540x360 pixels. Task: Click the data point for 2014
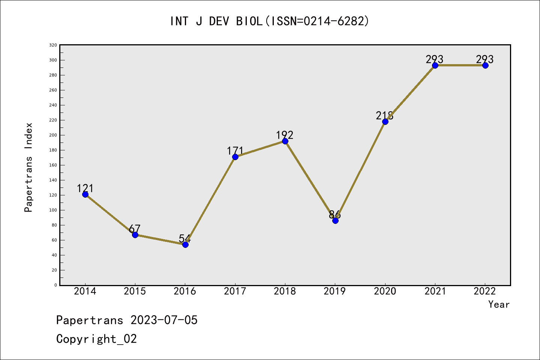pyautogui.click(x=85, y=194)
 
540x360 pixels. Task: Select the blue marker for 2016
pyautogui.click(x=185, y=244)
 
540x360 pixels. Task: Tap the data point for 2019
pyautogui.click(x=335, y=220)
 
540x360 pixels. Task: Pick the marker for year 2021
pyautogui.click(x=435, y=65)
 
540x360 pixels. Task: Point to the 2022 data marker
pyautogui.click(x=485, y=65)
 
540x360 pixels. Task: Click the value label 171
pyautogui.click(x=235, y=151)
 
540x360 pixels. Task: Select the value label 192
pyautogui.click(x=285, y=135)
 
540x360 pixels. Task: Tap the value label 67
pyautogui.click(x=135, y=229)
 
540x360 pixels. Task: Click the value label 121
pyautogui.click(x=85, y=188)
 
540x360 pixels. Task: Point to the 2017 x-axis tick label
pyautogui.click(x=235, y=291)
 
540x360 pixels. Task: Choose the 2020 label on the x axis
pyautogui.click(x=385, y=291)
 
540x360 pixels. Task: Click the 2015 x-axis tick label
pyautogui.click(x=135, y=291)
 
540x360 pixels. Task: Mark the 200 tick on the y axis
pyautogui.click(x=53, y=135)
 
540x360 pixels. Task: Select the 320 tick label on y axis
pyautogui.click(x=53, y=45)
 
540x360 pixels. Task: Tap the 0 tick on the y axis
pyautogui.click(x=55, y=285)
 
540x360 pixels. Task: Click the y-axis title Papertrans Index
pyautogui.click(x=28, y=167)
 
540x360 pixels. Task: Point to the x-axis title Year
pyautogui.click(x=499, y=304)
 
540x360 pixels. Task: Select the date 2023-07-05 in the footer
pyautogui.click(x=164, y=320)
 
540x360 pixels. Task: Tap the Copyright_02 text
pyautogui.click(x=96, y=339)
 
